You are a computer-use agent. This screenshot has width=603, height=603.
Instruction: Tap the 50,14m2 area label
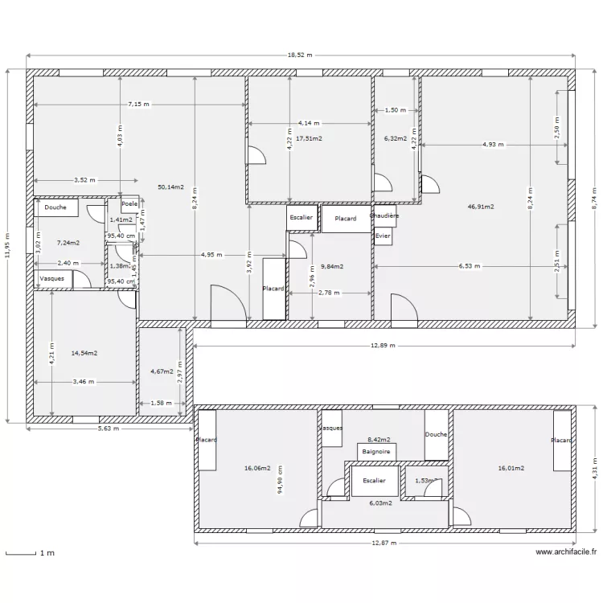point(170,187)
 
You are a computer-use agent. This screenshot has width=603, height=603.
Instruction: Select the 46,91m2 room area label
point(480,207)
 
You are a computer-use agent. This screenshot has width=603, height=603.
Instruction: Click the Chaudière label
point(384,216)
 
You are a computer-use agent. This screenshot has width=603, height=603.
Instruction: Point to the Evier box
point(383,236)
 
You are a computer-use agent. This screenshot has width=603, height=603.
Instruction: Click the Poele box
point(129,204)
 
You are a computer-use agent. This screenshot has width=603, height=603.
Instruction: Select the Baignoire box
point(376,452)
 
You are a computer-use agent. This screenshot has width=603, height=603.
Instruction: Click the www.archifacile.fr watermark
point(566,552)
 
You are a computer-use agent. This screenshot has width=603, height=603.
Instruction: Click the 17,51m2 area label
point(309,138)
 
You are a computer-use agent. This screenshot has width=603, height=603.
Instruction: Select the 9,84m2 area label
point(331,267)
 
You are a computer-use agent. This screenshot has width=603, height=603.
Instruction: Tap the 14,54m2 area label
point(84,353)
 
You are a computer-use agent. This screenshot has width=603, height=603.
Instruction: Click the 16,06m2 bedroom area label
point(256,467)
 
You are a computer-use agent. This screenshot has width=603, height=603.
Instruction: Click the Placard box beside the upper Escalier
point(346,219)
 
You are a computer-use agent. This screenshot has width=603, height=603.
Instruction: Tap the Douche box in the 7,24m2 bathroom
point(56,207)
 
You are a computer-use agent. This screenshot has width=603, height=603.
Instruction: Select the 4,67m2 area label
point(163,371)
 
